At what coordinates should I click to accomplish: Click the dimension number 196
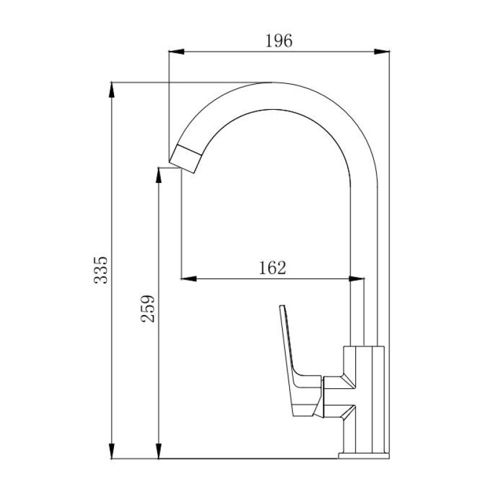(278, 41)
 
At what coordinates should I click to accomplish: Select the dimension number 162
(272, 268)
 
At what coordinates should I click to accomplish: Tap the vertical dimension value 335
(101, 271)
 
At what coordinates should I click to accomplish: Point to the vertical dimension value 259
(148, 308)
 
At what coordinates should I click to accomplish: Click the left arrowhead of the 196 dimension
(176, 52)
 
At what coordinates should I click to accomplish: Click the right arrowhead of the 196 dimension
(382, 52)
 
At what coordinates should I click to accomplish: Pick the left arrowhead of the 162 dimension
(188, 278)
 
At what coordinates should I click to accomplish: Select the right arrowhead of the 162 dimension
(356, 278)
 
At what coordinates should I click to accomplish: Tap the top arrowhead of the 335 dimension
(112, 90)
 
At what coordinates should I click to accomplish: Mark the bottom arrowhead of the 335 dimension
(112, 451)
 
